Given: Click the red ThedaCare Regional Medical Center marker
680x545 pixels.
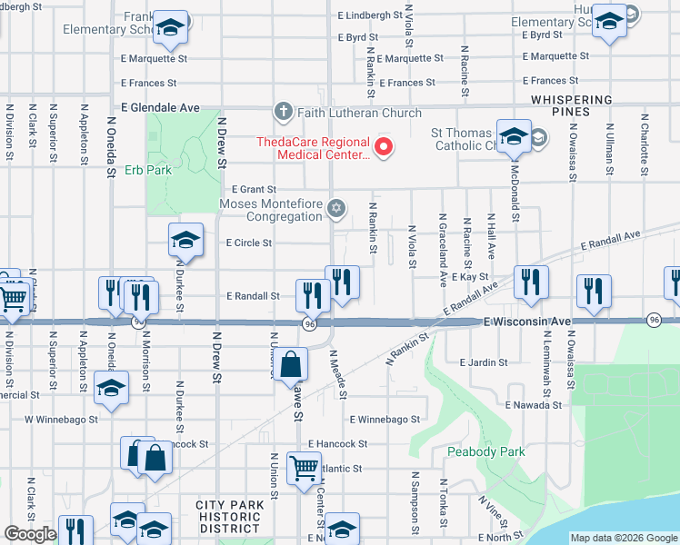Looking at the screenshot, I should point(384,146).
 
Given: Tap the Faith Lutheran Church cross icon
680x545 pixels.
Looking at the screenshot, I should point(283,113).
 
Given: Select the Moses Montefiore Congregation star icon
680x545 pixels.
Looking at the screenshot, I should point(336,210).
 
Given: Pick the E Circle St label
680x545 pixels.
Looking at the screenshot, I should point(249,243).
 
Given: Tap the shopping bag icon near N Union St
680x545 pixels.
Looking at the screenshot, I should point(290,365).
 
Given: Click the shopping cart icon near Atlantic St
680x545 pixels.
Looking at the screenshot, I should point(304,469).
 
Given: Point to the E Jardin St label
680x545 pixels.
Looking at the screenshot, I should point(484,362).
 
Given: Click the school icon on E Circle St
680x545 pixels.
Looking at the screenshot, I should point(185,241).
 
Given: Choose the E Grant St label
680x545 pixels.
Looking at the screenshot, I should point(254,189).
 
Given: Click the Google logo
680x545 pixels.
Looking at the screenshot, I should point(30,534).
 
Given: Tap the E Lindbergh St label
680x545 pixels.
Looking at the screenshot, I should point(370,15).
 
